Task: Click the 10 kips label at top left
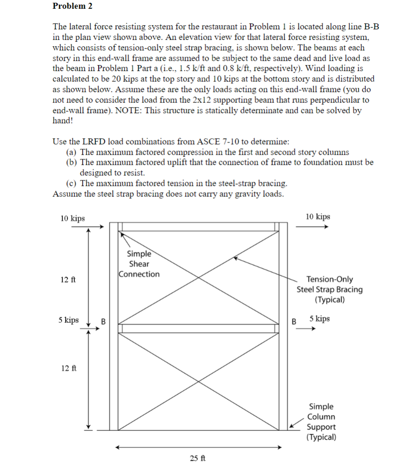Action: click(72, 218)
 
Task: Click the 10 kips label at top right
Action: click(318, 217)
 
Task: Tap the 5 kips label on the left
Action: click(68, 320)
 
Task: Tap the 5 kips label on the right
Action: click(319, 318)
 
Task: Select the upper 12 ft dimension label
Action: click(67, 279)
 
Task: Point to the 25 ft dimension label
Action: click(198, 458)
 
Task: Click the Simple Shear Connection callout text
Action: click(139, 264)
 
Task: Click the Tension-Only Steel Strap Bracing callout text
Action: click(329, 289)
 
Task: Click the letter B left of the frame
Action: click(103, 321)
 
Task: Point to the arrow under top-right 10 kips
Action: click(312, 226)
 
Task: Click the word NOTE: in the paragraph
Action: click(132, 110)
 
